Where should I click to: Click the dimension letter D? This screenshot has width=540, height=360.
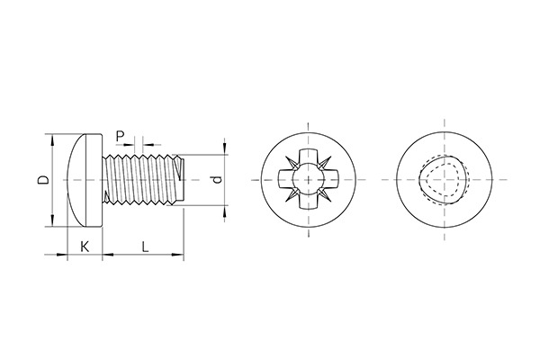pos(41,180)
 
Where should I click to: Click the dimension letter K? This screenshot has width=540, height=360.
pos(85,245)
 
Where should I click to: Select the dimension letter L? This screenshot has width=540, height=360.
pos(144,245)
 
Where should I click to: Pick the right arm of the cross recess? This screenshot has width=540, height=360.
pos(330,180)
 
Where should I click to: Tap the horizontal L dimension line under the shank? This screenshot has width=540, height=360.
pos(144,257)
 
